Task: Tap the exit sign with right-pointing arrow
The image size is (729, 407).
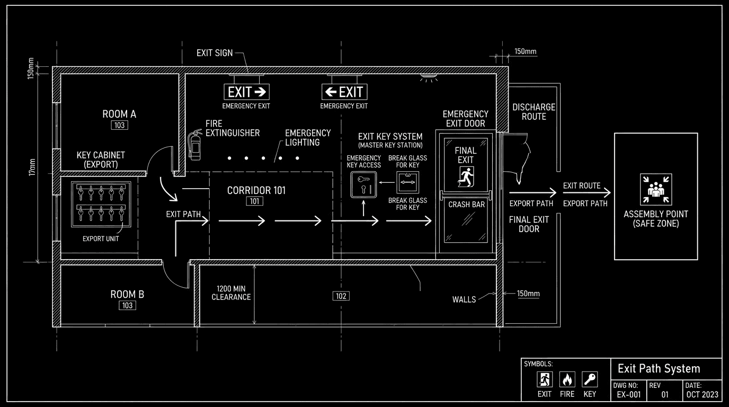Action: tap(246, 92)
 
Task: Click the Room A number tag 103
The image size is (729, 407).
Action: tap(119, 125)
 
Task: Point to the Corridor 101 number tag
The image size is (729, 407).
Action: tap(254, 201)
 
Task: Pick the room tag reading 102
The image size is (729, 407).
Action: tap(341, 296)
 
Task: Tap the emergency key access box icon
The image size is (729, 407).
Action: tap(363, 186)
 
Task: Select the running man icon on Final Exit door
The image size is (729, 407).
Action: tap(466, 175)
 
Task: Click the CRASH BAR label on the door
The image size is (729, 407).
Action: tap(466, 205)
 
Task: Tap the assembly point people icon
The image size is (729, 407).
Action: tap(656, 189)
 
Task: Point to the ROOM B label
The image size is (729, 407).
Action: tap(127, 295)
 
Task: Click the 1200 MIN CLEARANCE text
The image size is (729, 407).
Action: tap(231, 293)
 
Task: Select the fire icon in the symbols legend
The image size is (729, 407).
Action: tap(567, 380)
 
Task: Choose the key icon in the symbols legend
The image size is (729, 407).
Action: tap(590, 380)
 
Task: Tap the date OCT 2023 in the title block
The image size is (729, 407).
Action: tap(702, 395)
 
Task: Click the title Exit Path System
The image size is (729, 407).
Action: tap(659, 368)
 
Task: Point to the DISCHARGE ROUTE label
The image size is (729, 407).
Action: tap(534, 112)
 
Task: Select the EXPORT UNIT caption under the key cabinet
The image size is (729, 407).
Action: tap(101, 239)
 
